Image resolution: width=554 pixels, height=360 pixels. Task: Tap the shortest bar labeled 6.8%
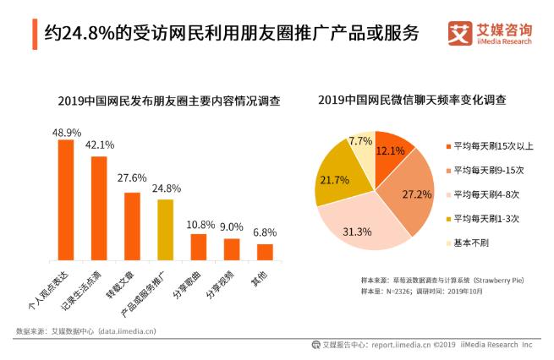[265, 251]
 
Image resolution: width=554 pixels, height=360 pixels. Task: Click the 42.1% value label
[99, 145]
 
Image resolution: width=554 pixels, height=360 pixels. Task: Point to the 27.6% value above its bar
[132, 179]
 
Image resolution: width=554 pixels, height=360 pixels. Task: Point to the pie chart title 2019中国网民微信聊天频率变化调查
[412, 101]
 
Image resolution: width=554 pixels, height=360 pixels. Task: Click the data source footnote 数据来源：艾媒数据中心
[93, 330]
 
